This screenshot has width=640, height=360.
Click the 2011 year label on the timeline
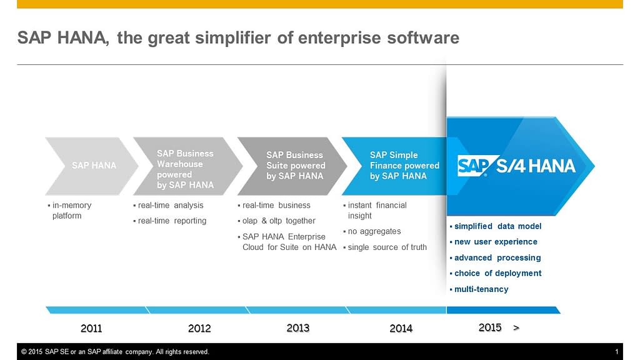[x=91, y=328]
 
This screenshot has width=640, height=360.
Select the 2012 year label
[x=199, y=328]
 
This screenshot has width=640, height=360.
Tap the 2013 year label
[x=298, y=327]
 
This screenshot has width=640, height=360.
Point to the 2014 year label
[x=401, y=328]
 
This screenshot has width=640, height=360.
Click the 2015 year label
[x=490, y=327]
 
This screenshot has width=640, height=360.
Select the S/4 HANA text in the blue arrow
[x=536, y=166]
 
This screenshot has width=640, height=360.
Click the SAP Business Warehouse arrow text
[x=185, y=169]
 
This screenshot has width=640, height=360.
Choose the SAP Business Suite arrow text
[x=296, y=166]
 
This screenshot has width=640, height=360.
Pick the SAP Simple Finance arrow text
[x=404, y=166]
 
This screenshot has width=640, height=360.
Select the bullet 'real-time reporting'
[x=172, y=221]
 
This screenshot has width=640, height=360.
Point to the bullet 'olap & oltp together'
[x=279, y=221]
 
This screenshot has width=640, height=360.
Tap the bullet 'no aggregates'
[x=374, y=231]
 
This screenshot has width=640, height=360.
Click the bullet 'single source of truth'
[x=387, y=247]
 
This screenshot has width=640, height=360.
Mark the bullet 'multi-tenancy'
[x=481, y=289]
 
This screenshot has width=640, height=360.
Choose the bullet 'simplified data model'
[x=497, y=226]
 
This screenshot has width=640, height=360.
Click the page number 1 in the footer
[x=616, y=352]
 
